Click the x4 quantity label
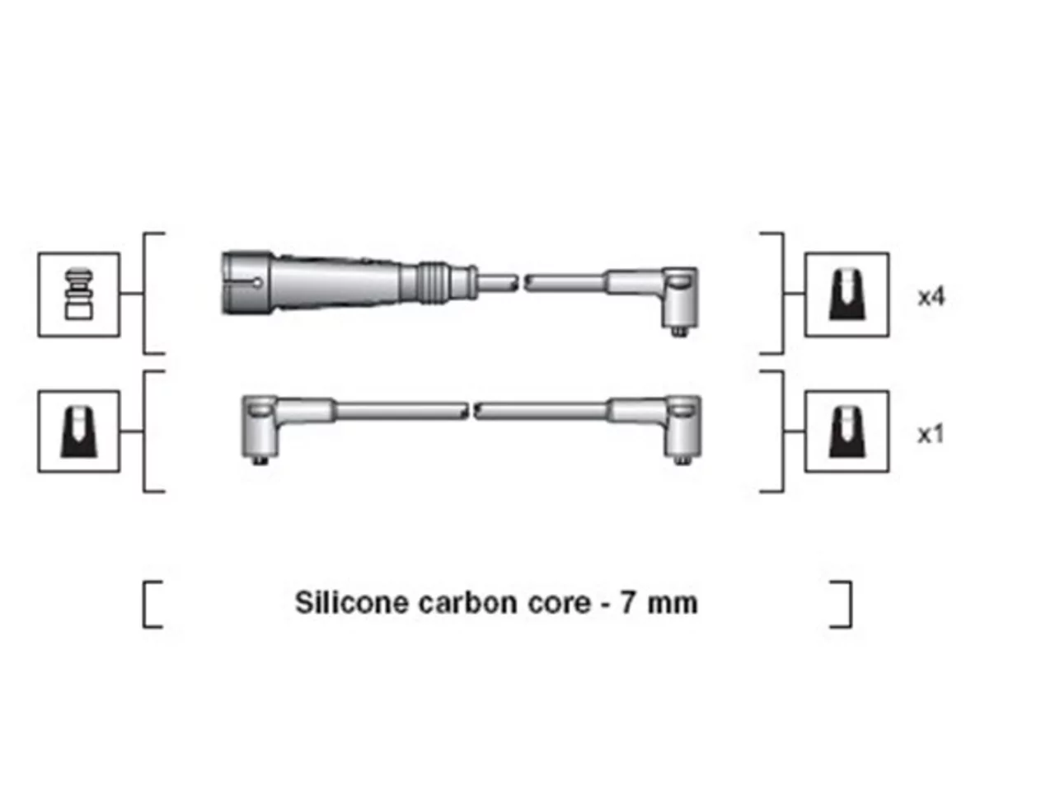931,297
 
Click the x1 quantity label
931,435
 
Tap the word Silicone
351,602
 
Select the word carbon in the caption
467,602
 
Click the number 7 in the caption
626,602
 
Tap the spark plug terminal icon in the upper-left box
79,294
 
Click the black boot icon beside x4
846,295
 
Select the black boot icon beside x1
846,431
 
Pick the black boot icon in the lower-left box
79,431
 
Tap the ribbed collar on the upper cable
435,283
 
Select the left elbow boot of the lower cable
270,423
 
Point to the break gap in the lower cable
471,411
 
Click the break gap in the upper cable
521,282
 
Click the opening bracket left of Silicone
152,605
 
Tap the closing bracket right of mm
842,605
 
